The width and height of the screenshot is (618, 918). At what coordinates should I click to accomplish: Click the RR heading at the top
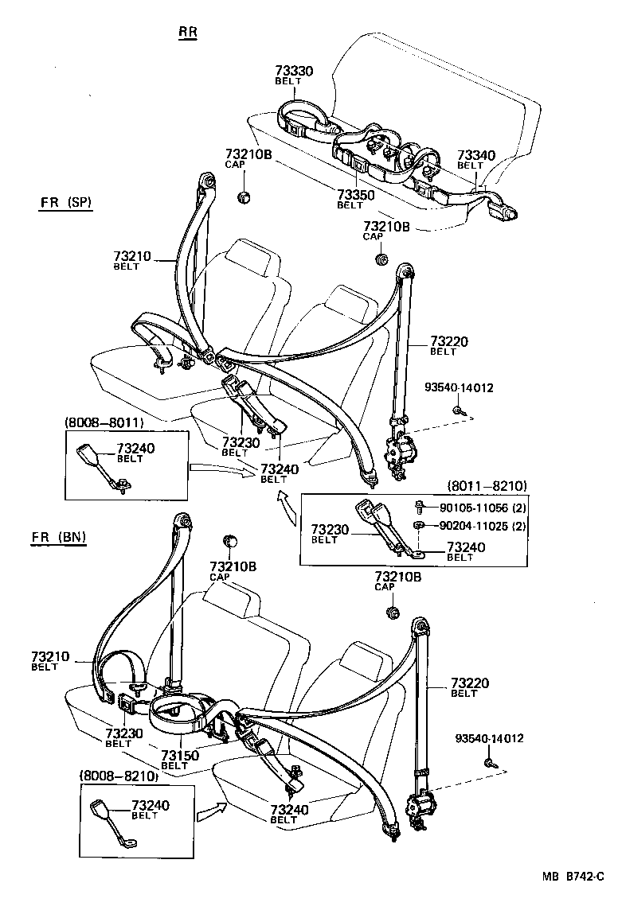coord(187,32)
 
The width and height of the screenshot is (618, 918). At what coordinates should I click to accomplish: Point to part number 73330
coord(294,71)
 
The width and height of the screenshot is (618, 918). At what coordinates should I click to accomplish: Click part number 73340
coord(475,155)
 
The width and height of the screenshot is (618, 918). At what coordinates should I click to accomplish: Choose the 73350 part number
coord(355,195)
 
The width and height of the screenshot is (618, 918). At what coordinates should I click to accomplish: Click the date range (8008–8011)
coord(100,423)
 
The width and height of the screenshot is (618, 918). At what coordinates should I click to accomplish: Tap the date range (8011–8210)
coord(487,485)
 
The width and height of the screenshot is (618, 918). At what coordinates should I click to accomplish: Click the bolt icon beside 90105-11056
coord(420,507)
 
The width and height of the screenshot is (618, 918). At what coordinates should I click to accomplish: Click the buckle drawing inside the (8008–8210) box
coord(110,822)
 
